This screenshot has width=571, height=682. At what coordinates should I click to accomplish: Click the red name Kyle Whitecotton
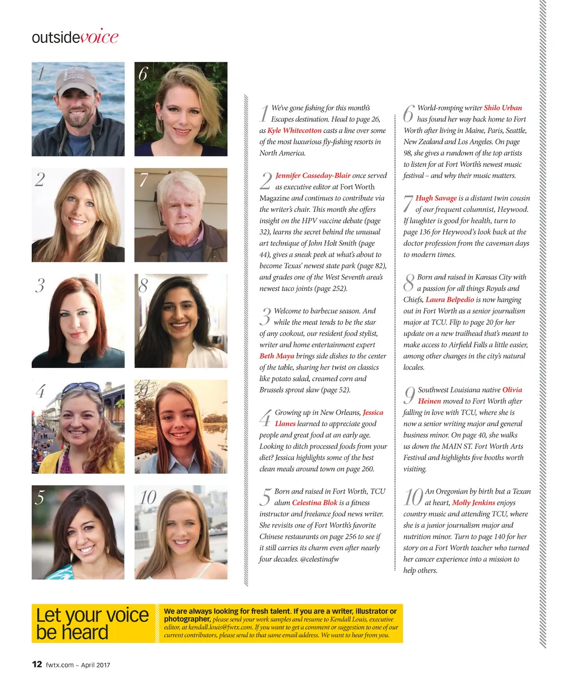[294, 130]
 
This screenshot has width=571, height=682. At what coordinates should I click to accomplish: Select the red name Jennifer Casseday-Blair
[313, 176]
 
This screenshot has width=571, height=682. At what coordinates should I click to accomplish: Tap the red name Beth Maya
[277, 356]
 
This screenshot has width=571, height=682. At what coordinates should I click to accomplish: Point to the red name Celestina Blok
[314, 503]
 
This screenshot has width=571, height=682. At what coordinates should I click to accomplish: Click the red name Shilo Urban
[503, 108]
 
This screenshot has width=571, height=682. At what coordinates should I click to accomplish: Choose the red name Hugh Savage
[436, 199]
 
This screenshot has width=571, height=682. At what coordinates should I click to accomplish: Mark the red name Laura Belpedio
[449, 300]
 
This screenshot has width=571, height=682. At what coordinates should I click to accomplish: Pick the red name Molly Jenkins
[473, 503]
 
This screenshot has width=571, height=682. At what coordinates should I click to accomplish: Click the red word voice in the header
[99, 37]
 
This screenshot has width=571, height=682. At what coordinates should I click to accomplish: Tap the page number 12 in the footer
[37, 664]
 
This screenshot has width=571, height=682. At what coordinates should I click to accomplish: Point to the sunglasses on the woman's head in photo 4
[81, 388]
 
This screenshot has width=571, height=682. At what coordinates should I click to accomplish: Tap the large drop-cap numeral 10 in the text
[413, 497]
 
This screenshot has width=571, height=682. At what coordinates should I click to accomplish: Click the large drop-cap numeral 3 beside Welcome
[266, 317]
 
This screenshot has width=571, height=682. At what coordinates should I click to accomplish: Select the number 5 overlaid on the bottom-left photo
[40, 497]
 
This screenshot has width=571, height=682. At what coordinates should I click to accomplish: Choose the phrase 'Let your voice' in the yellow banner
[92, 615]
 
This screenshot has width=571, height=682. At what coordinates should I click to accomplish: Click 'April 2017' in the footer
[95, 665]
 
